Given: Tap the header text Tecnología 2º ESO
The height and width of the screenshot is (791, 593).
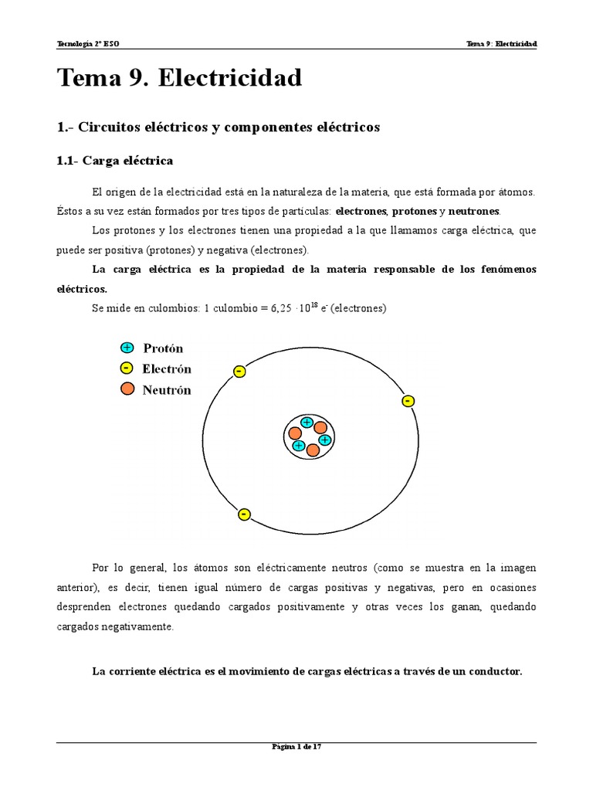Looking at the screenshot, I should click(89, 43).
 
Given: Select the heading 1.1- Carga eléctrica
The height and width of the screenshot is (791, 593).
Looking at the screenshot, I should click(115, 161).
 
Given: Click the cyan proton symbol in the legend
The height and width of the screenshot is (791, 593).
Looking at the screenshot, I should click(127, 348).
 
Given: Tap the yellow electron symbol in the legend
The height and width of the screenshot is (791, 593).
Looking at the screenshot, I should click(127, 368).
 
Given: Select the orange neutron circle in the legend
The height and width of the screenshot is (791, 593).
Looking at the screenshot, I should click(127, 389).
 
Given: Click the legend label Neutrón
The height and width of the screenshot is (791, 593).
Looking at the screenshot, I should click(166, 390).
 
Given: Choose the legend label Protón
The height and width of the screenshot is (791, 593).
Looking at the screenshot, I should click(163, 348).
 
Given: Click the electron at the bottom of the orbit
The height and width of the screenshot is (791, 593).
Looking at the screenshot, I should click(244, 514).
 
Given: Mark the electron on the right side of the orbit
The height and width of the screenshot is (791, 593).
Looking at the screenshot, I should click(408, 401).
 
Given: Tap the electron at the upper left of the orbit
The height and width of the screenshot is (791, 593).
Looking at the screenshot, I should click(239, 372).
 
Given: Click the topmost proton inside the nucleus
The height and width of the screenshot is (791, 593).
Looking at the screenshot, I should click(307, 423).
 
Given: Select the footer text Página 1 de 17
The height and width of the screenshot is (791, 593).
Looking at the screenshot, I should click(296, 746).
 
